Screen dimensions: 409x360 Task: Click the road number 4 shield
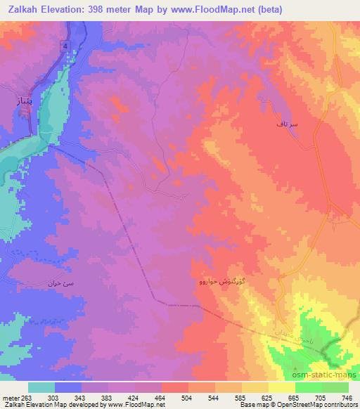coord(65,46)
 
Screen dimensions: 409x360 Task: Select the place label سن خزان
coord(60,284)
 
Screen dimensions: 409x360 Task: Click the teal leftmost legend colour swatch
coord(41,387)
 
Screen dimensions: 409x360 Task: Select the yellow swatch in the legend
coord(282,387)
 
